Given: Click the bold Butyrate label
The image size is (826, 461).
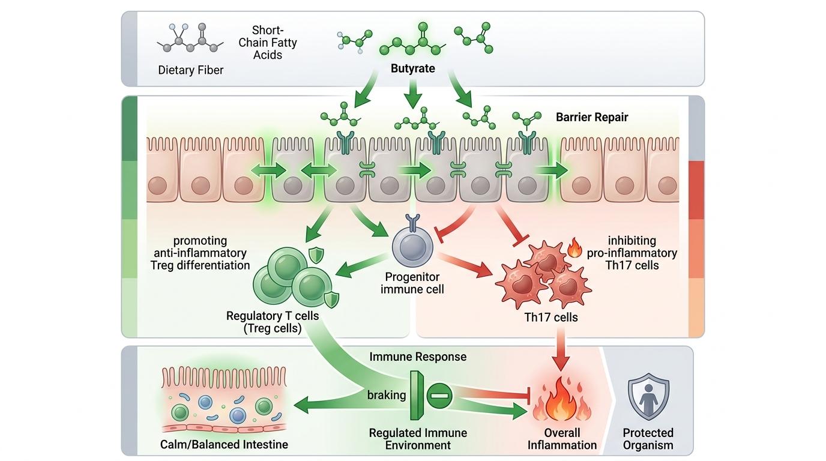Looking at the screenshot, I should (x=412, y=68).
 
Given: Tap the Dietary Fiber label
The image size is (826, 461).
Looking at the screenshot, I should (x=190, y=70).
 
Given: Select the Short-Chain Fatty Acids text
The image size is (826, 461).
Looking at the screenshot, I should (x=267, y=43).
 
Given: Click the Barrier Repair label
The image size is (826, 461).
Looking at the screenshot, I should (x=592, y=117).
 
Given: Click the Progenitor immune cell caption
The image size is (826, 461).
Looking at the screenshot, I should (x=412, y=283).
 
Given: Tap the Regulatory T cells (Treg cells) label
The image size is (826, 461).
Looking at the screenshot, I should (x=264, y=322).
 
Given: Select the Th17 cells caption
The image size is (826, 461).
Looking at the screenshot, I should (x=551, y=317).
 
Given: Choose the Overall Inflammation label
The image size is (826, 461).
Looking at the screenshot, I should (x=562, y=439).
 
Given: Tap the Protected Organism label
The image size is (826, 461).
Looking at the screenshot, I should (x=648, y=439).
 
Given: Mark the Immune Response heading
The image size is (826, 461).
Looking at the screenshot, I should (x=418, y=357).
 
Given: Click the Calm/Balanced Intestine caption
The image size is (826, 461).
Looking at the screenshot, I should (x=224, y=445).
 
